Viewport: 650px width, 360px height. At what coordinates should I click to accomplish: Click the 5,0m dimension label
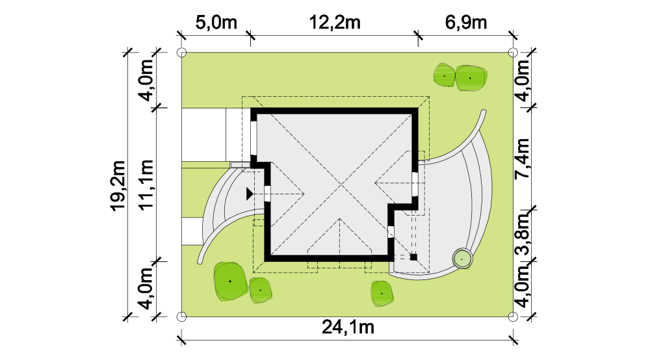[216, 22]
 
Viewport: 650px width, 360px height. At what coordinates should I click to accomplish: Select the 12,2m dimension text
[335, 22]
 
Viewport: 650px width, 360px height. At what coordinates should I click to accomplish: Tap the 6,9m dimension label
[466, 22]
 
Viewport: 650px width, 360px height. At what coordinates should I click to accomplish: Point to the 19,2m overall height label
[118, 186]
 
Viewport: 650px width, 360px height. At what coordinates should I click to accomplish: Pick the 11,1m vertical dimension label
[146, 185]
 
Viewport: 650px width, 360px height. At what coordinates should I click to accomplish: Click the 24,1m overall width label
[348, 328]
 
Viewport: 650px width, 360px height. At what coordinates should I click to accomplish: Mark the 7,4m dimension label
[522, 159]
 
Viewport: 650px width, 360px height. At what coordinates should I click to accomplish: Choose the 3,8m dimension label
[522, 234]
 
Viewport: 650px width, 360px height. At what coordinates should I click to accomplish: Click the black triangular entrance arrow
[250, 194]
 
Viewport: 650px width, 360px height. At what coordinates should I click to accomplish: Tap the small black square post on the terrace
[413, 257]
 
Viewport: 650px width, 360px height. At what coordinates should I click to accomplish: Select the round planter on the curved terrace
[461, 259]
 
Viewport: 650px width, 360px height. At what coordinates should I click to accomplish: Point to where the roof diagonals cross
[341, 183]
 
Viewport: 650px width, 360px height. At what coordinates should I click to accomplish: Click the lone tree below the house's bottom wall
[382, 294]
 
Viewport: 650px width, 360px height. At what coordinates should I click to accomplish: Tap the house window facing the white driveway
[253, 138]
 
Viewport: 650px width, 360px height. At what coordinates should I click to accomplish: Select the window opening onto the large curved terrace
[415, 185]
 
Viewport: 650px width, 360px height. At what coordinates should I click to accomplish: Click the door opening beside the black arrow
[267, 194]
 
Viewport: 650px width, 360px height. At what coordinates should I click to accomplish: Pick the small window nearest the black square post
[391, 232]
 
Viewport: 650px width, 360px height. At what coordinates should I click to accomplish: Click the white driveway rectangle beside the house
[204, 135]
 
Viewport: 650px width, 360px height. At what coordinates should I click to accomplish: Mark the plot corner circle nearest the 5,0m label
[181, 53]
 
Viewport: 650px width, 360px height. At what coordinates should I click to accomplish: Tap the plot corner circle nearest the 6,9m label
[513, 53]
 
